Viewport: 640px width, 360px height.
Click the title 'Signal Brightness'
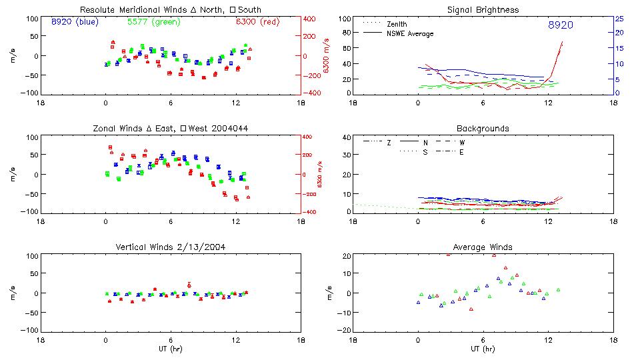(x=483, y=10)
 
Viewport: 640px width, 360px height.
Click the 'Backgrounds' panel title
(x=483, y=128)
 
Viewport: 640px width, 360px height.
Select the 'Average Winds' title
(x=483, y=247)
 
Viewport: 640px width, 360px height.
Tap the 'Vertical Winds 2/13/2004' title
(x=170, y=247)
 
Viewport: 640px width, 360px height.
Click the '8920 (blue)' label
(x=74, y=22)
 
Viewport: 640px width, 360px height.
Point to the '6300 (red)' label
(x=257, y=22)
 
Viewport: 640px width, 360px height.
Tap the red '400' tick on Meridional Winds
(x=311, y=19)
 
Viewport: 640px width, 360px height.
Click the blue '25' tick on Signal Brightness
(x=619, y=19)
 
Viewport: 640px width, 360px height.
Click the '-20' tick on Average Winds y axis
(x=344, y=331)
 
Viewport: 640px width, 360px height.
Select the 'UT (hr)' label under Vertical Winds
(x=170, y=349)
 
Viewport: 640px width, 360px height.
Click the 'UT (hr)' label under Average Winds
(x=483, y=349)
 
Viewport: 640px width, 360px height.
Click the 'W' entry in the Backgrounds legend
(x=462, y=143)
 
